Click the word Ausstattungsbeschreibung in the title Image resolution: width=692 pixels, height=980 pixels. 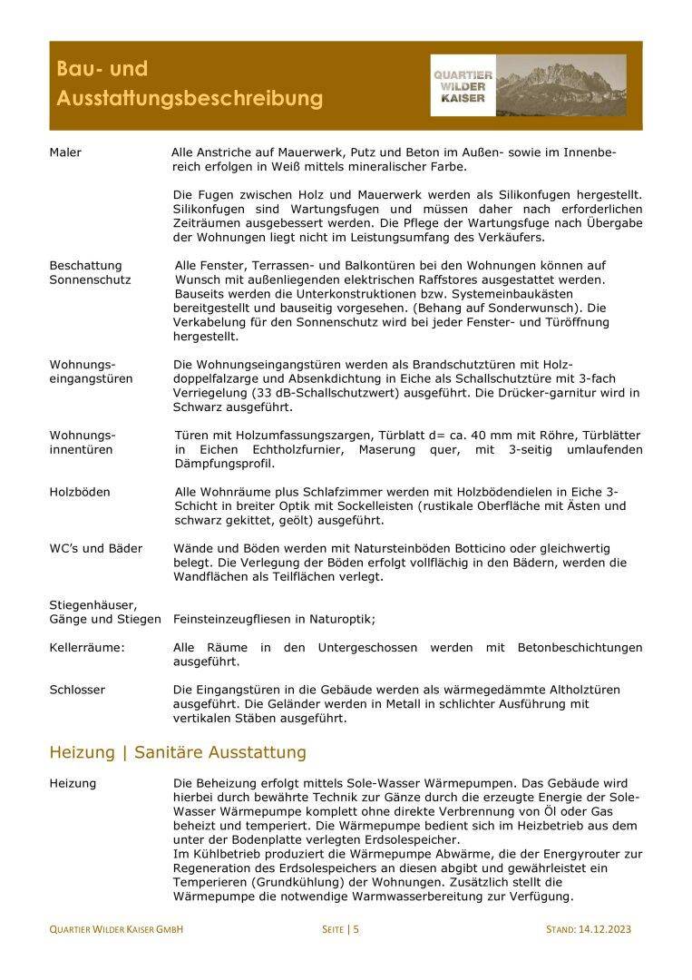click(189, 98)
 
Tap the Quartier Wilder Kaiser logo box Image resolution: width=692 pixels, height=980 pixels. click(463, 86)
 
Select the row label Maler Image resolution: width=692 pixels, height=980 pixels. click(65, 152)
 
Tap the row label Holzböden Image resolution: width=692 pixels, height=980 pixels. click(80, 492)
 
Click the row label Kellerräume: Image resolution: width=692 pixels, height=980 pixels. click(87, 648)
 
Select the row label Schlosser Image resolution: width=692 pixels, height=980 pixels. click(77, 690)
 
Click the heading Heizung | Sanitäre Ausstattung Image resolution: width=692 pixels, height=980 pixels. click(178, 752)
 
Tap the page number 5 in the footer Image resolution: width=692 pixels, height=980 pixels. click(356, 928)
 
